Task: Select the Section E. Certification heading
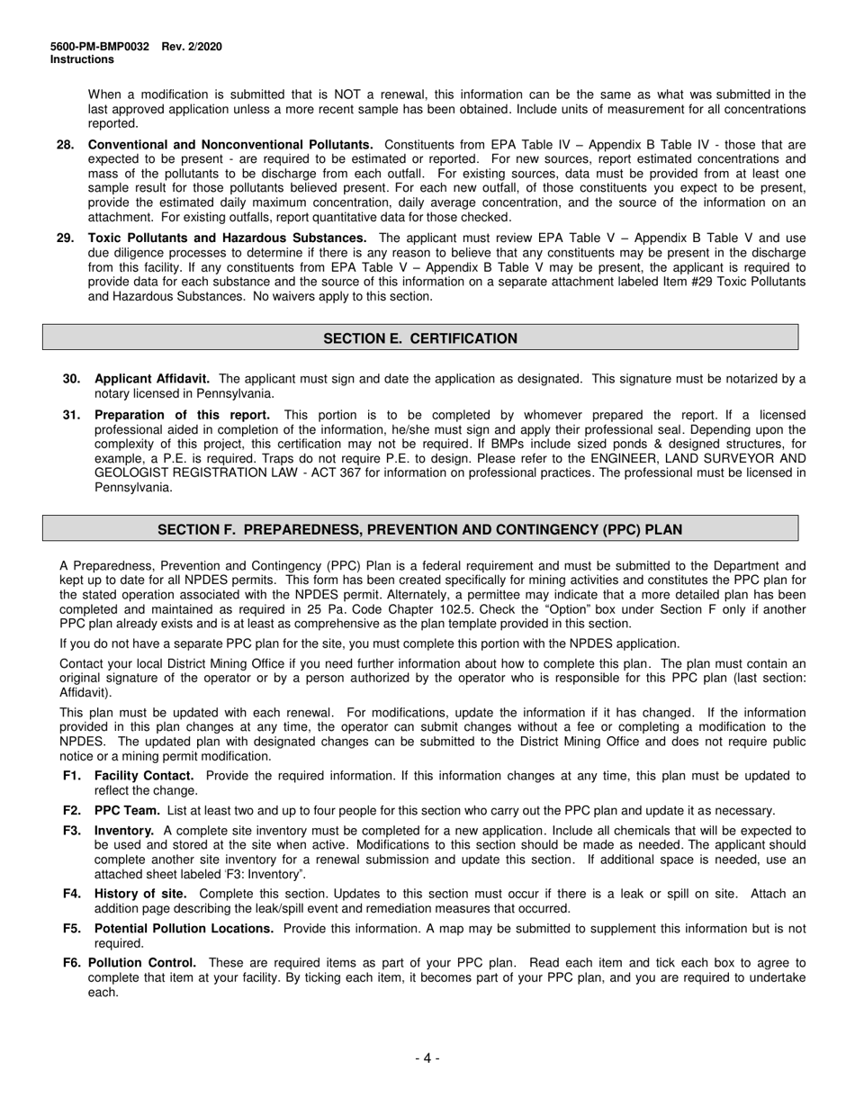pyautogui.click(x=420, y=338)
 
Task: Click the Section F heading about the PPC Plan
pyautogui.click(x=420, y=530)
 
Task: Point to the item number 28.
pyautogui.click(x=65, y=144)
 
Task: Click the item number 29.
pyautogui.click(x=65, y=238)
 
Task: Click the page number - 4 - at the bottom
pyautogui.click(x=427, y=1058)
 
